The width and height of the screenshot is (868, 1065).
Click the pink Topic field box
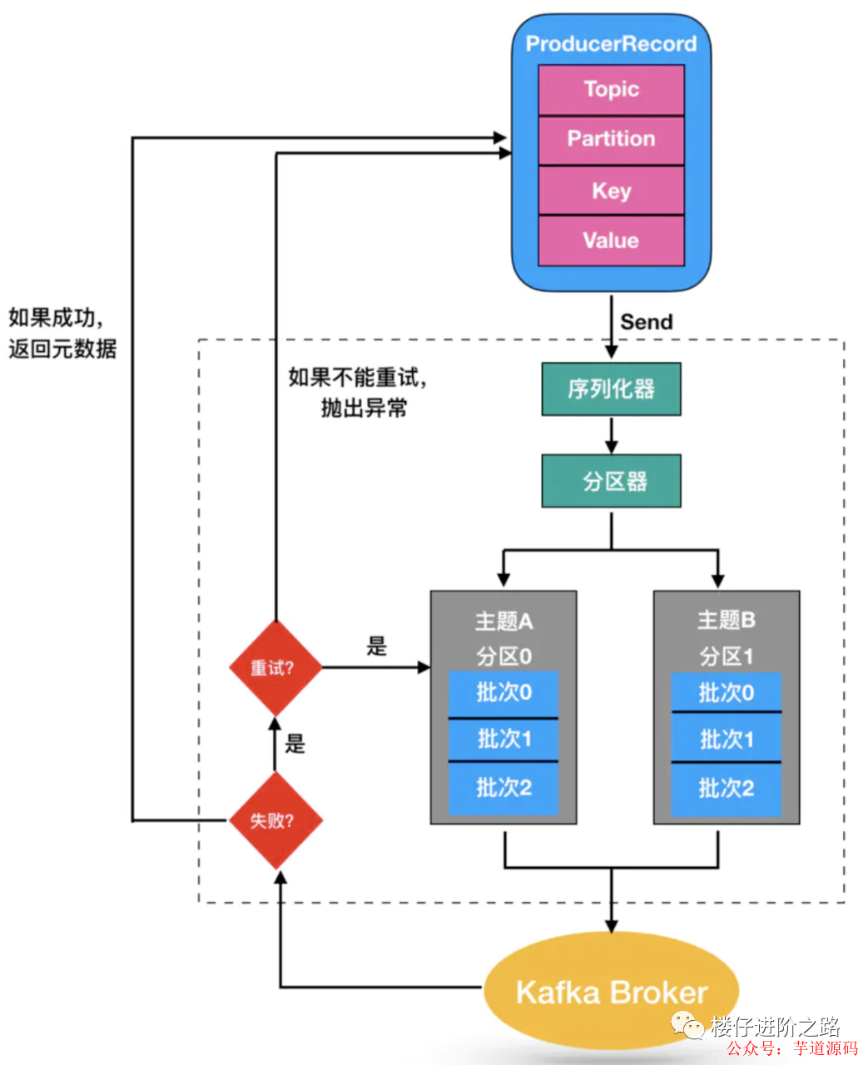click(611, 90)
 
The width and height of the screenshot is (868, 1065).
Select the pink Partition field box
click(611, 140)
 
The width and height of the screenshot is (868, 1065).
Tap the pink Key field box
click(611, 191)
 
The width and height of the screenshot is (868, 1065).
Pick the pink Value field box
click(611, 240)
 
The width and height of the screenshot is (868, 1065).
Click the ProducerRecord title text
click(611, 44)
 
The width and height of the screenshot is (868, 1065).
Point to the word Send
click(646, 322)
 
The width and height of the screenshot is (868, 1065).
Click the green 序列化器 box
click(611, 389)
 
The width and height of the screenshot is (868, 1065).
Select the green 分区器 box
click(611, 481)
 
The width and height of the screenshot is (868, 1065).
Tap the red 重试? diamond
click(275, 667)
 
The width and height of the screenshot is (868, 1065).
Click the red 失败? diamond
click(275, 820)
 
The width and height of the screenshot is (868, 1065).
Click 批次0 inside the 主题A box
click(503, 692)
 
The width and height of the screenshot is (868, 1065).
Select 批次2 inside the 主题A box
click(503, 787)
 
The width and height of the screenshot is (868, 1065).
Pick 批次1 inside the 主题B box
click(726, 739)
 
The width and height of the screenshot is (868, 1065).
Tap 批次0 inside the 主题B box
click(726, 692)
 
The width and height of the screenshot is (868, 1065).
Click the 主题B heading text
click(726, 620)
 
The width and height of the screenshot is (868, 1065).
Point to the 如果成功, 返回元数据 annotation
click(62, 333)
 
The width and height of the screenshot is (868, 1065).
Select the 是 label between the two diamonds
click(295, 743)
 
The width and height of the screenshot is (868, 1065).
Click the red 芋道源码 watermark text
click(825, 1048)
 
